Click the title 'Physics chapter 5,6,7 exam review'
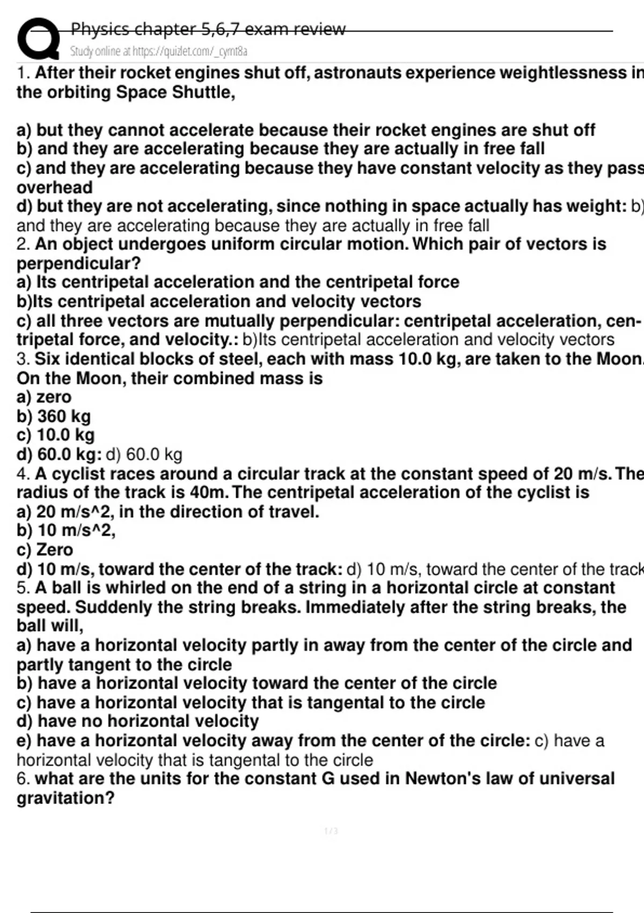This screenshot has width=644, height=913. point(208,28)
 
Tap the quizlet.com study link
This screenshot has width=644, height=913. point(159,52)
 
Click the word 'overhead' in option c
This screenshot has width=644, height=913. point(54,187)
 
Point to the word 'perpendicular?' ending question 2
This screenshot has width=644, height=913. point(78,263)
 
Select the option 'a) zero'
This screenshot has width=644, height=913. point(44,397)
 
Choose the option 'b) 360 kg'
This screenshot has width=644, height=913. point(54,416)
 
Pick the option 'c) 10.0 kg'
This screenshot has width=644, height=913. point(56,435)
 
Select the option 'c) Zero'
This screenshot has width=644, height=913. point(45,550)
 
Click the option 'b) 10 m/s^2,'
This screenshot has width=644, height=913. point(66,531)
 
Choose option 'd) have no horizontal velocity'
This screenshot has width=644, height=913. point(137,721)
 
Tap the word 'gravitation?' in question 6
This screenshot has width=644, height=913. point(65,798)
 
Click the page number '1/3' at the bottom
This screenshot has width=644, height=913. point(331,831)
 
